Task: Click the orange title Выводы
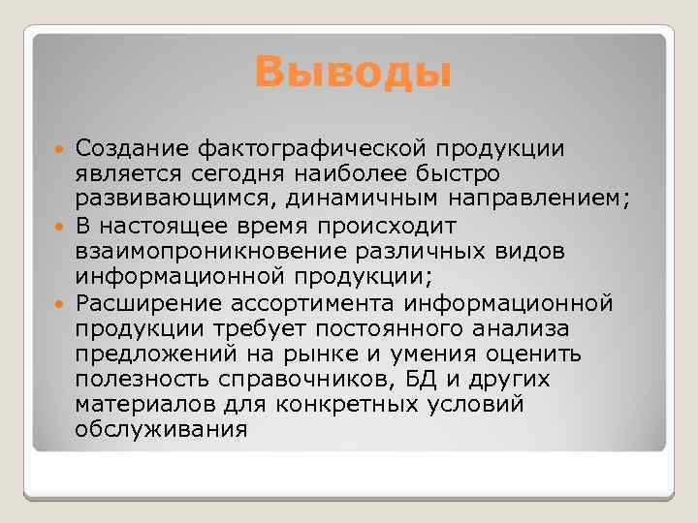[353, 71]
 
